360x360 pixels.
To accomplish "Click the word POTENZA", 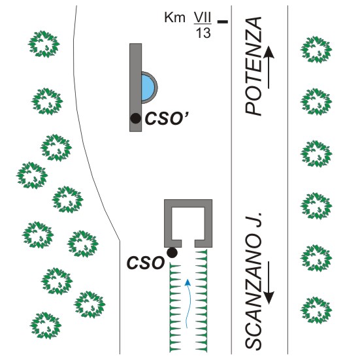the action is pos(254,66).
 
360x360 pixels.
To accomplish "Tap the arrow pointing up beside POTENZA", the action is pos(269,67).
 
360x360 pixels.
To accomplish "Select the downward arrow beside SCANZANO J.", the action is pos(269,283).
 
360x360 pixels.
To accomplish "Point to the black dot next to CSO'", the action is pos(135,118).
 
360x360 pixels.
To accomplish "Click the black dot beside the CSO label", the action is pos(172,253).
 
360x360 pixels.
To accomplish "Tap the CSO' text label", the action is pos(167,119).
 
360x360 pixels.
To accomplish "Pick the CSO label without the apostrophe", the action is pos(146,263).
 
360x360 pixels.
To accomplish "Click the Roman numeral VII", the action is pos(203,18).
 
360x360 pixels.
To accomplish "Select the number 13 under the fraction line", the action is pos(203,33).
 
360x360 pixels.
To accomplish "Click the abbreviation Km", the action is pos(174,18).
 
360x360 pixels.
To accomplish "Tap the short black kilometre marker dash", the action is pos(223,22).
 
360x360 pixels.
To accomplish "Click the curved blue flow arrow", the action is pos(188,303).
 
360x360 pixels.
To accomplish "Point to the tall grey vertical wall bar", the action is pos(135,88).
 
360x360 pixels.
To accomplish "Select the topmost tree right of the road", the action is pos(316,50).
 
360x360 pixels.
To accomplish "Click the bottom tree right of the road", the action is pos(316,310).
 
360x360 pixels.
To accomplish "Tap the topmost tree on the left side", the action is pos(44,44).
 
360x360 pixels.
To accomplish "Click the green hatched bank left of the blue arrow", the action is pos(175,308).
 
